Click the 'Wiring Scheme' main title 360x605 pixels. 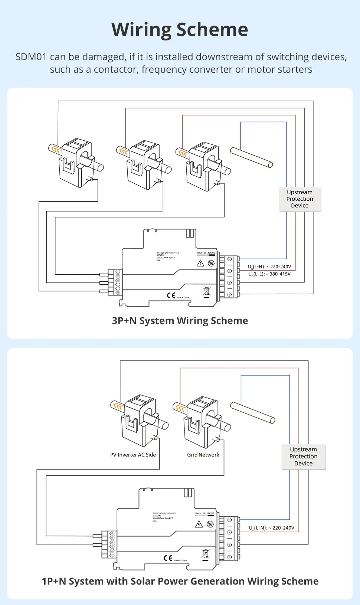(x=180, y=30)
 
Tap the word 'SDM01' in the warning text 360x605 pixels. (x=31, y=57)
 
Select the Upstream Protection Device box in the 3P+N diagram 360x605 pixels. (x=300, y=199)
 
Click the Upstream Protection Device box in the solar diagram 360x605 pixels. (x=304, y=457)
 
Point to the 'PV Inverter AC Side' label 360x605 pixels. (x=133, y=455)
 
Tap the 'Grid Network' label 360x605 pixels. (x=203, y=455)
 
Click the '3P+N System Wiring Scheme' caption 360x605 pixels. (x=180, y=321)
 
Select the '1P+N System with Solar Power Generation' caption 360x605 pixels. (x=180, y=581)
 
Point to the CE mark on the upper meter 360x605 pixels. (x=171, y=295)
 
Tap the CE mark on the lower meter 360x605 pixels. (x=168, y=558)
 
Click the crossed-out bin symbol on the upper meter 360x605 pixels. (x=207, y=291)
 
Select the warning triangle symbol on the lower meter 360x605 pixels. (x=199, y=524)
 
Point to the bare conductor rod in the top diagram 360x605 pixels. (x=252, y=157)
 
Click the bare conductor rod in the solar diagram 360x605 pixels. (x=253, y=412)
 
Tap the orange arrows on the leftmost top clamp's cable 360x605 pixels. (x=56, y=149)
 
